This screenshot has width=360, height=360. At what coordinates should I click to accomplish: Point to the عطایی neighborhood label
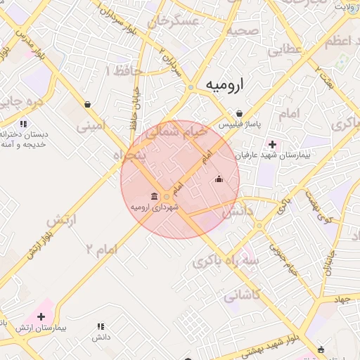click(284, 50)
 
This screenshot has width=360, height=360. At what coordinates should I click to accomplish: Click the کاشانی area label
click(242, 297)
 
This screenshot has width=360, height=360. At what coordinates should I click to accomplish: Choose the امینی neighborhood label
click(92, 127)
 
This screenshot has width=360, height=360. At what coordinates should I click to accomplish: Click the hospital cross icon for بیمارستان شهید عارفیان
click(273, 144)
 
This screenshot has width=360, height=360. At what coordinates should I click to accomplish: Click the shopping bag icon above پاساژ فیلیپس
click(240, 113)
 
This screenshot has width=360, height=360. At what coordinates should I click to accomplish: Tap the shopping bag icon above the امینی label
click(86, 105)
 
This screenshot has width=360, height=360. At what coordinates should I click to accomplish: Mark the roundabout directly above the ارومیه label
click(191, 87)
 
